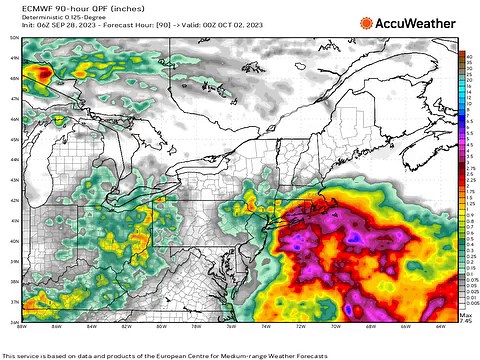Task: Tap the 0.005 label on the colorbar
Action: pos(468,302)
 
